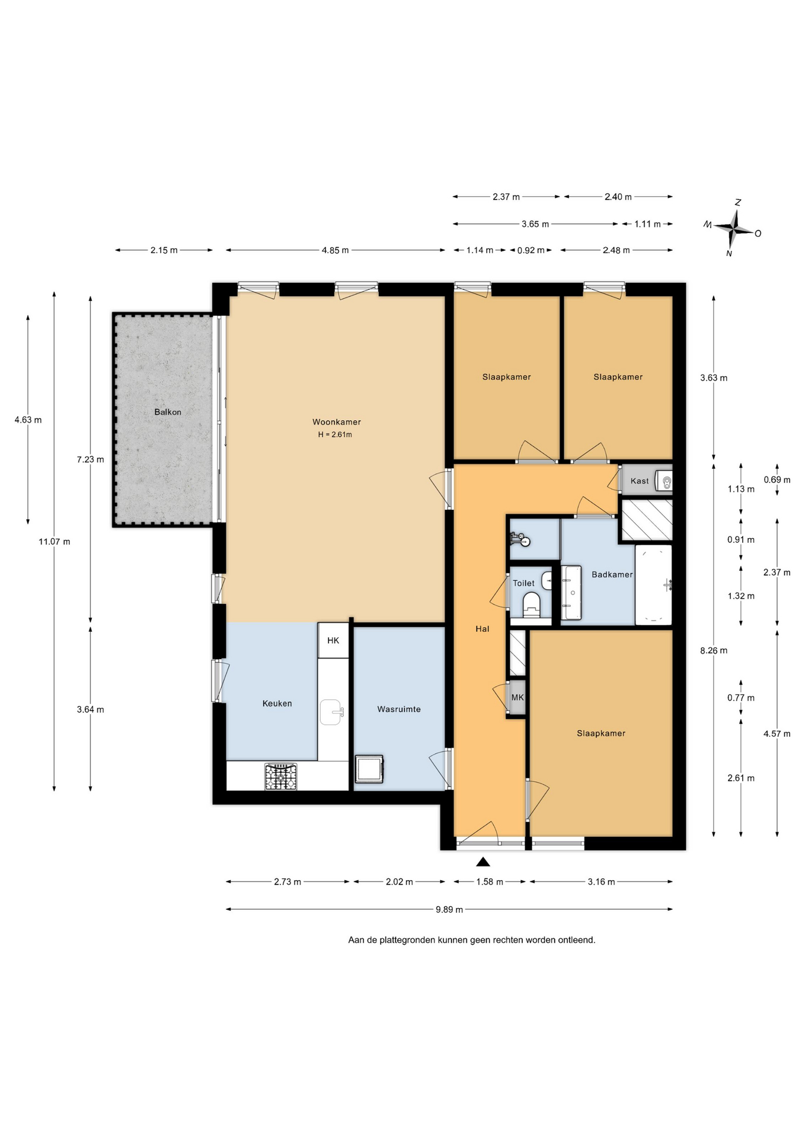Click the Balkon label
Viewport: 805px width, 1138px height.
coord(168,412)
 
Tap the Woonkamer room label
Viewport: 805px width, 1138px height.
coord(337,422)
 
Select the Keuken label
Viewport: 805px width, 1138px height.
coord(277,704)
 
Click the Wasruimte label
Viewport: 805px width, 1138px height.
coord(399,709)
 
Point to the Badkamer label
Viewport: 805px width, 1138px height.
coord(612,574)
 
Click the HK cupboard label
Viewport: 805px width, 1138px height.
coord(333,640)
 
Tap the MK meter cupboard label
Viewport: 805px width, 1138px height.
coord(517,698)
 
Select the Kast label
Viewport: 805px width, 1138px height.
coord(640,481)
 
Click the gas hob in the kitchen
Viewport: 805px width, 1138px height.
coord(281,776)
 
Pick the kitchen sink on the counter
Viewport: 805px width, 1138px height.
coord(331,712)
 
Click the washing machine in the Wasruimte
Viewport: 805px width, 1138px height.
coord(369,769)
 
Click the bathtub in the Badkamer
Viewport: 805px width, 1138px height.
coord(654,585)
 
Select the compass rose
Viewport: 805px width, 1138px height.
coord(734,228)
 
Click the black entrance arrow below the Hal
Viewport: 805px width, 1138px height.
coord(483,862)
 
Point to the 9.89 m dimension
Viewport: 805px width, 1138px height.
coord(449,909)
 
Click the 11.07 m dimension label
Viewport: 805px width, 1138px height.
coord(55,541)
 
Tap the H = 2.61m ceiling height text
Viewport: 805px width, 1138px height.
coord(335,434)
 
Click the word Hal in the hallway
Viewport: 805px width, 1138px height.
coord(483,629)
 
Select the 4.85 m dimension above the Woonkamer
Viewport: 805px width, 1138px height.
coord(336,250)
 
